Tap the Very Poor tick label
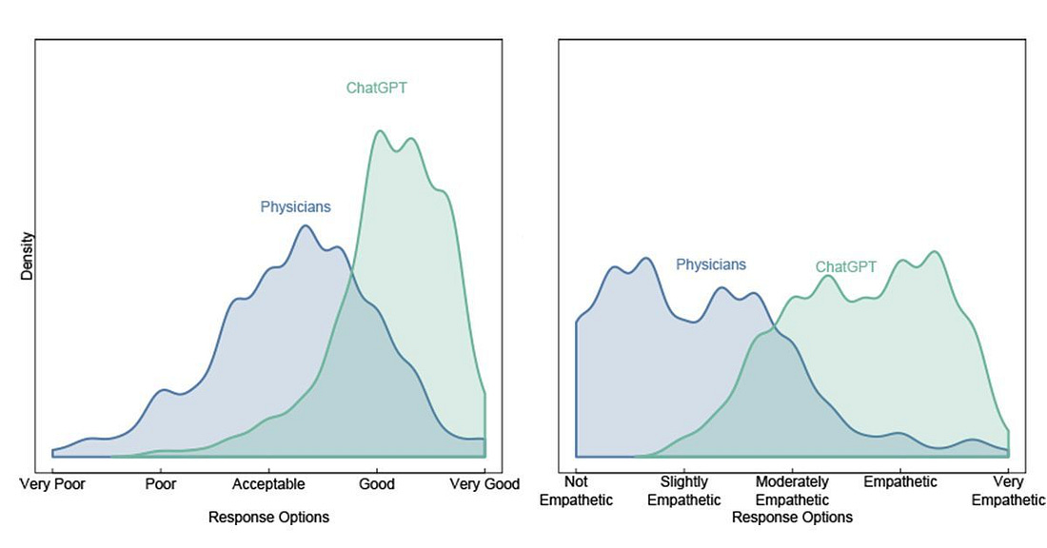click(x=52, y=484)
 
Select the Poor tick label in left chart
click(x=161, y=484)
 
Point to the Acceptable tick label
click(x=268, y=484)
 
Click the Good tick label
click(x=377, y=484)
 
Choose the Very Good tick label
click(x=484, y=484)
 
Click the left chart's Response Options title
click(x=268, y=518)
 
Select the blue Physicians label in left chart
click(x=296, y=205)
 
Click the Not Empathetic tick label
click(x=577, y=491)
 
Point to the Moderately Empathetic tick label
click(x=792, y=491)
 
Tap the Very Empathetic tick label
click(x=1009, y=491)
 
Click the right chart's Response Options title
click(x=792, y=518)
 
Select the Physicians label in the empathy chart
click(x=711, y=264)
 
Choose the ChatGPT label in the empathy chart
click(x=846, y=267)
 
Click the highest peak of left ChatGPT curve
click(x=380, y=130)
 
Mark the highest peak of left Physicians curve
click(x=305, y=225)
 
